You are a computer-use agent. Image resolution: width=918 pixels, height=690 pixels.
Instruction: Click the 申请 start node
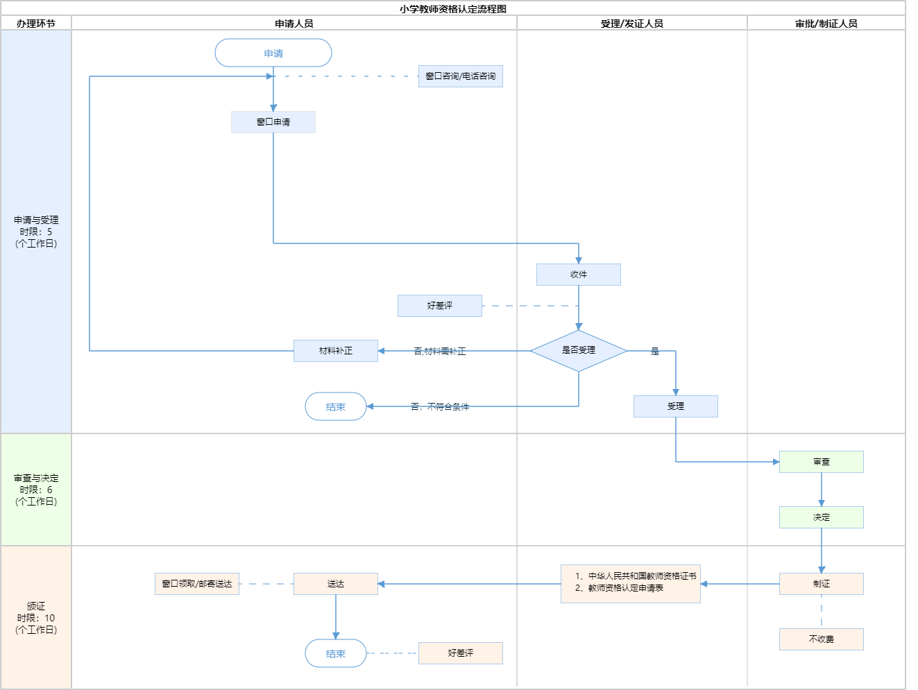[x=273, y=53]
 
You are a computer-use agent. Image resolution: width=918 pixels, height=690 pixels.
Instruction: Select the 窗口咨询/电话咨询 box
[x=460, y=76]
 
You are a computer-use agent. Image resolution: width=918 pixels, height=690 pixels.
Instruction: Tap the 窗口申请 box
[x=273, y=122]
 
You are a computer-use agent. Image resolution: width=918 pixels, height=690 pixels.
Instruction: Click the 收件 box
[x=579, y=275]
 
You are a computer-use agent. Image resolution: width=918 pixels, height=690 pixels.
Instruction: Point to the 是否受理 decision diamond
[x=579, y=351]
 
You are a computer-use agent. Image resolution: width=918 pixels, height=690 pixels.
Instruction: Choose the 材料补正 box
[x=336, y=351]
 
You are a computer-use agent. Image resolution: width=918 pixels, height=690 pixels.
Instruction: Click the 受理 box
[x=676, y=406]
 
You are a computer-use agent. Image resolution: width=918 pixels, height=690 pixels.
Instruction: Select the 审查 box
[x=822, y=462]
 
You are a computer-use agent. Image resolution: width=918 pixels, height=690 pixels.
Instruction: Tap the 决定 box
[x=822, y=517]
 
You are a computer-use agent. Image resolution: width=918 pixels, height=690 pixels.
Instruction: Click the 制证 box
[x=822, y=584]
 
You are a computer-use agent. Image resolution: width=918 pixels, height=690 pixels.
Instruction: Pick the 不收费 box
[x=822, y=639]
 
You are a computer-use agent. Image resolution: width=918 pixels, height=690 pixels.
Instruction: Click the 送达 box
[x=336, y=584]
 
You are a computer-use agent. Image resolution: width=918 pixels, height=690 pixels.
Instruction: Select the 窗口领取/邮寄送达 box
[x=197, y=584]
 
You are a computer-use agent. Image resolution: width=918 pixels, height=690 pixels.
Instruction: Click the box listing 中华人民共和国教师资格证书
[x=631, y=584]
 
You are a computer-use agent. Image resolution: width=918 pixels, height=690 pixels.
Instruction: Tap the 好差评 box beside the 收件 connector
[x=440, y=306]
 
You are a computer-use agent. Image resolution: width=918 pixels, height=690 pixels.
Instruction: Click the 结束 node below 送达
[x=336, y=653]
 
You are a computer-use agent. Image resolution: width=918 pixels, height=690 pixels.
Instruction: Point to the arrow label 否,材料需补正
[x=440, y=352]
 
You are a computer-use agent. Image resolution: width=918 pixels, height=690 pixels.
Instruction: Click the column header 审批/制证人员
[x=826, y=24]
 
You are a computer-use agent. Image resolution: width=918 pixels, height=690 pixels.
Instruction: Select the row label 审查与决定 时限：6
[x=36, y=490]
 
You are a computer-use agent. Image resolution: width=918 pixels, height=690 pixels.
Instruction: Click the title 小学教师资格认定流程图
[x=453, y=9]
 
